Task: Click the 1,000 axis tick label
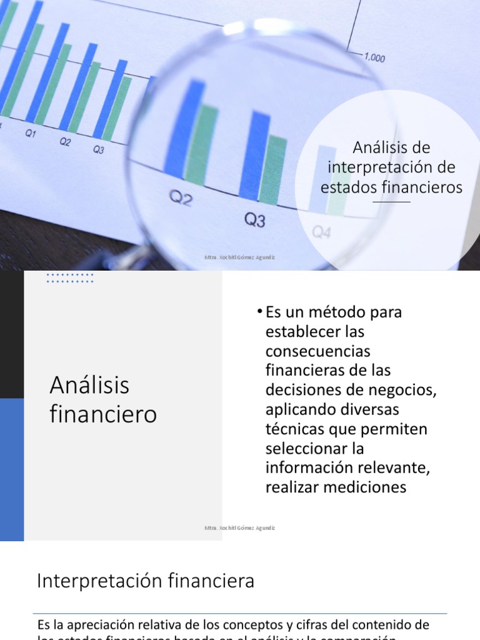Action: coord(374,57)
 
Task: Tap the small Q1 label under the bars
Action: coord(31,134)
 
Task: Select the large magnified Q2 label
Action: coord(181,199)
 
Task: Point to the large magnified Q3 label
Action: coord(254,220)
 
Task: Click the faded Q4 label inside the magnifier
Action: coord(321,233)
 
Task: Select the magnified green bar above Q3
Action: coord(272,169)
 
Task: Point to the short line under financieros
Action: coord(392,202)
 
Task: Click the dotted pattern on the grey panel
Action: coord(70,278)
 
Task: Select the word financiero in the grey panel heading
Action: coord(103,414)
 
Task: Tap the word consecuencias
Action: coord(317,351)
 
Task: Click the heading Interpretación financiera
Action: coord(146,581)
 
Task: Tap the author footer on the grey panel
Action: coord(239,528)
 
